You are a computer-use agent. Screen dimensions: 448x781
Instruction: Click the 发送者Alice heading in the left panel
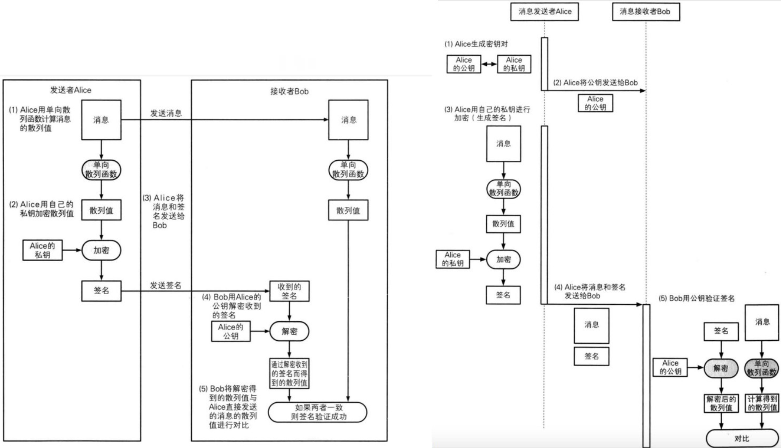point(71,90)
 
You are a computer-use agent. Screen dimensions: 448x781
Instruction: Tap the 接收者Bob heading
point(289,91)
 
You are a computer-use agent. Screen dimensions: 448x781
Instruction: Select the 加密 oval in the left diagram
point(101,250)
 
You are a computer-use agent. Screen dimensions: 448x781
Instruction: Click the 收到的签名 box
point(289,291)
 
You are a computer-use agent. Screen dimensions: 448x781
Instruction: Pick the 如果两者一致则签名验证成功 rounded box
point(318,412)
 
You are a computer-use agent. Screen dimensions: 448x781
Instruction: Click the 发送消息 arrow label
point(166,113)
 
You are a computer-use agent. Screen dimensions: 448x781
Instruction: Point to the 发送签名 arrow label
point(166,285)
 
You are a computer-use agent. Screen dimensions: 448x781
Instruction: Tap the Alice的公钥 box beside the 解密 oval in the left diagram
point(231,332)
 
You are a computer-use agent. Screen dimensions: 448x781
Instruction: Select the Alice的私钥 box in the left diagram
point(42,250)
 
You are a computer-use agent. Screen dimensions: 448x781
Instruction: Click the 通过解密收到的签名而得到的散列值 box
point(289,373)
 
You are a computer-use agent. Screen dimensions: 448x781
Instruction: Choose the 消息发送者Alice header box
point(544,11)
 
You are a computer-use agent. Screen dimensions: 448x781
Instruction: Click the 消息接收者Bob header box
point(646,11)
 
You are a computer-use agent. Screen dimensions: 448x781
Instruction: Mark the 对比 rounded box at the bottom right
point(742,438)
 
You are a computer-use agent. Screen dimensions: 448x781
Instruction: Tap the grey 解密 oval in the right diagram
point(721,368)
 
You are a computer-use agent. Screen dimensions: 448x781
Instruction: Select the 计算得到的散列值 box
point(762,403)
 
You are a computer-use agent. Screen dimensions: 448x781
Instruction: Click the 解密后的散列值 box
point(721,403)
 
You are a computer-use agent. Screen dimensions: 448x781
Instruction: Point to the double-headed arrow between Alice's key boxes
point(489,64)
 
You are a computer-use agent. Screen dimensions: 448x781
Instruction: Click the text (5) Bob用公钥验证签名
point(696,298)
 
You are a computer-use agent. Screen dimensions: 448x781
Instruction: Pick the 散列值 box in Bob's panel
point(348,211)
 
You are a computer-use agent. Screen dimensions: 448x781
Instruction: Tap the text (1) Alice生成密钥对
point(476,44)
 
